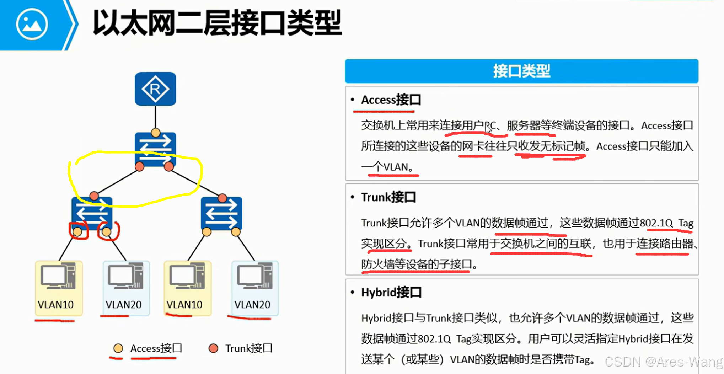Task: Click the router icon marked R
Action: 155,89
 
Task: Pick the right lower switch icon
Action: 221,213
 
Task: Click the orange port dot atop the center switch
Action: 155,133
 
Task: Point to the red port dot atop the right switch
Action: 222,198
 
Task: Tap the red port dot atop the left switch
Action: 94,196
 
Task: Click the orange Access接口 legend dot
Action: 118,348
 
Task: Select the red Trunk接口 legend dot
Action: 213,348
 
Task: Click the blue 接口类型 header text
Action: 521,71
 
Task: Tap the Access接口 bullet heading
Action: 391,100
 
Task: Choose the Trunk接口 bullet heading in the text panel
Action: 388,197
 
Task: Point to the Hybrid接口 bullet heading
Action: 391,293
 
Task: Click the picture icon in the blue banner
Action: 32,24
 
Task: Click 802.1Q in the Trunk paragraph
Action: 656,223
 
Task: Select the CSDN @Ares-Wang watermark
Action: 663,362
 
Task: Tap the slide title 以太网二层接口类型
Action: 217,23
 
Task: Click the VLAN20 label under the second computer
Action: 123,305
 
